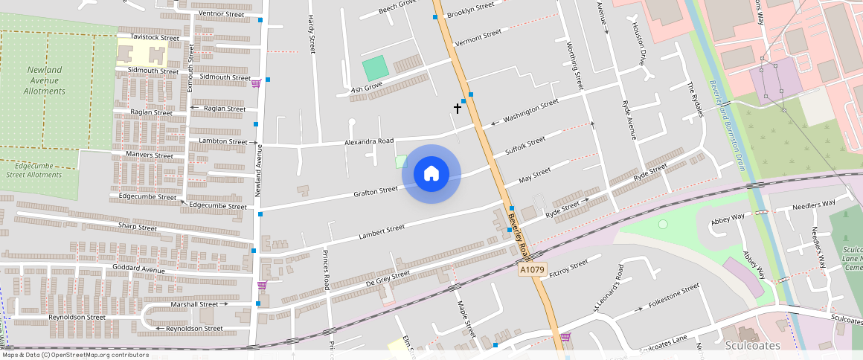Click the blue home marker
pyautogui.click(x=431, y=174)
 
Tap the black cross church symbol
pyautogui.click(x=458, y=108)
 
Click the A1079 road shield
pyautogui.click(x=533, y=269)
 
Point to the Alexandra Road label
pyautogui.click(x=369, y=141)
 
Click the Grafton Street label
pyautogui.click(x=376, y=190)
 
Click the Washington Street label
pyautogui.click(x=531, y=111)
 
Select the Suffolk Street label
pyautogui.click(x=525, y=143)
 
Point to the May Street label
pyautogui.click(x=534, y=176)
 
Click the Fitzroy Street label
pyautogui.click(x=568, y=269)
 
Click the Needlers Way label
pyautogui.click(x=814, y=204)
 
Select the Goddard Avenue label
pyautogui.click(x=138, y=268)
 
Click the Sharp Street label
pyautogui.click(x=137, y=227)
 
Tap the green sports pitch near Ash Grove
pyautogui.click(x=376, y=68)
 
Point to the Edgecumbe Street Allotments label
pyautogui.click(x=34, y=170)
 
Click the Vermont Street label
pyautogui.click(x=478, y=37)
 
